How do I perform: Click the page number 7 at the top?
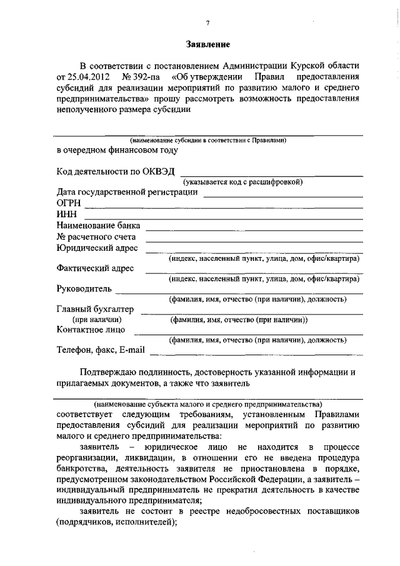(208, 23)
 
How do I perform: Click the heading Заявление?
(208, 44)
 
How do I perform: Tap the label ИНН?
(66, 215)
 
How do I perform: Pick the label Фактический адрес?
(95, 269)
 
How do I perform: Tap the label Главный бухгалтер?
(94, 308)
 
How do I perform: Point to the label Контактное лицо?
(91, 329)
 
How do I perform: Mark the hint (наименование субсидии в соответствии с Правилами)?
(208, 141)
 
